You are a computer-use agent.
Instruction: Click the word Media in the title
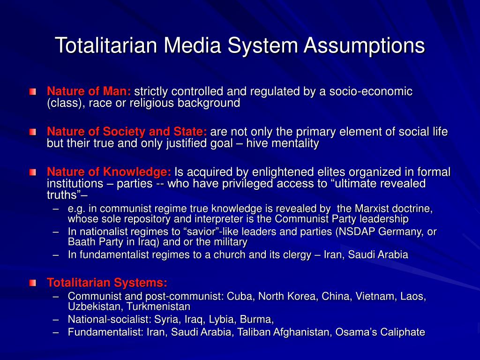(x=192, y=45)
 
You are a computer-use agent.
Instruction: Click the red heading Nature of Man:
(x=89, y=91)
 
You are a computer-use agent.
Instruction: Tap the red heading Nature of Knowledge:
(x=109, y=172)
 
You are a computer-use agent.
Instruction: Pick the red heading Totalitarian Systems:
(x=107, y=282)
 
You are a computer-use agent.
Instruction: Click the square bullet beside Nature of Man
(x=33, y=91)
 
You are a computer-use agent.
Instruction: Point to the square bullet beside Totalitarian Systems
(x=33, y=283)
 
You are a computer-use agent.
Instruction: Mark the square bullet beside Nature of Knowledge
(x=33, y=172)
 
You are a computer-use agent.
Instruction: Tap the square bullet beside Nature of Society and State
(x=33, y=132)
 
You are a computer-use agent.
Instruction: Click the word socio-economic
(x=371, y=91)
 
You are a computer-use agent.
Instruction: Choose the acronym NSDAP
(x=356, y=232)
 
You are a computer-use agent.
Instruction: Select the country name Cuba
(x=241, y=296)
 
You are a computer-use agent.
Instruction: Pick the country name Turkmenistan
(x=158, y=307)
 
